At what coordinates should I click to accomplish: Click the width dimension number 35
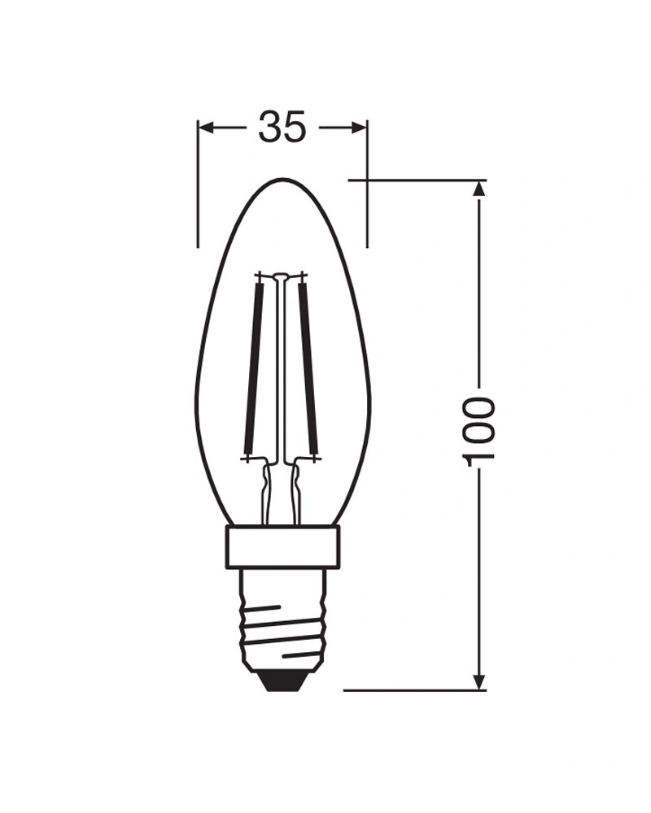click(282, 127)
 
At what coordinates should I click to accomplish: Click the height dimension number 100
click(478, 432)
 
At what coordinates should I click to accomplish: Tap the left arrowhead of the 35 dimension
click(208, 128)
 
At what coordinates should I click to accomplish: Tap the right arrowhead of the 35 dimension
click(358, 128)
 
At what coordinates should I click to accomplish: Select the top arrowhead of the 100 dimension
click(479, 189)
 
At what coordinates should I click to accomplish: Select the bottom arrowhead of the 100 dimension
click(479, 680)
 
